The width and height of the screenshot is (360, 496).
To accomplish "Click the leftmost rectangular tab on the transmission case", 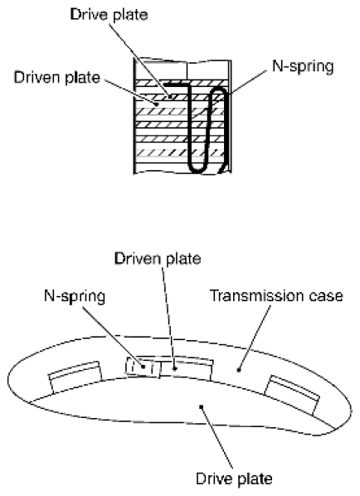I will click(x=74, y=378).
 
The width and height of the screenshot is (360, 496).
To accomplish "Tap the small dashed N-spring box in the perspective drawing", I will click(x=141, y=366).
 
